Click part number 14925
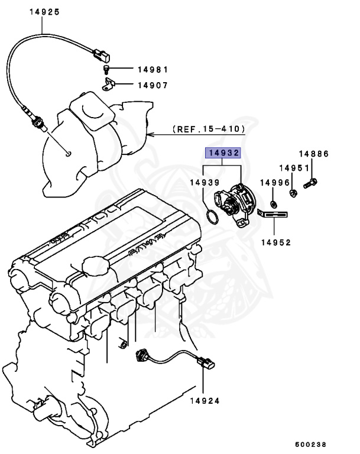pos(43,11)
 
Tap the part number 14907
pos(153,85)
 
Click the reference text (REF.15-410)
pos(208,128)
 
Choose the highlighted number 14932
pos(223,153)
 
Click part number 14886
pos(313,154)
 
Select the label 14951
pos(294,168)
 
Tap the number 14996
pos(275,183)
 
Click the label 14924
pos(204,400)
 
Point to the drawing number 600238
pos(311,444)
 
